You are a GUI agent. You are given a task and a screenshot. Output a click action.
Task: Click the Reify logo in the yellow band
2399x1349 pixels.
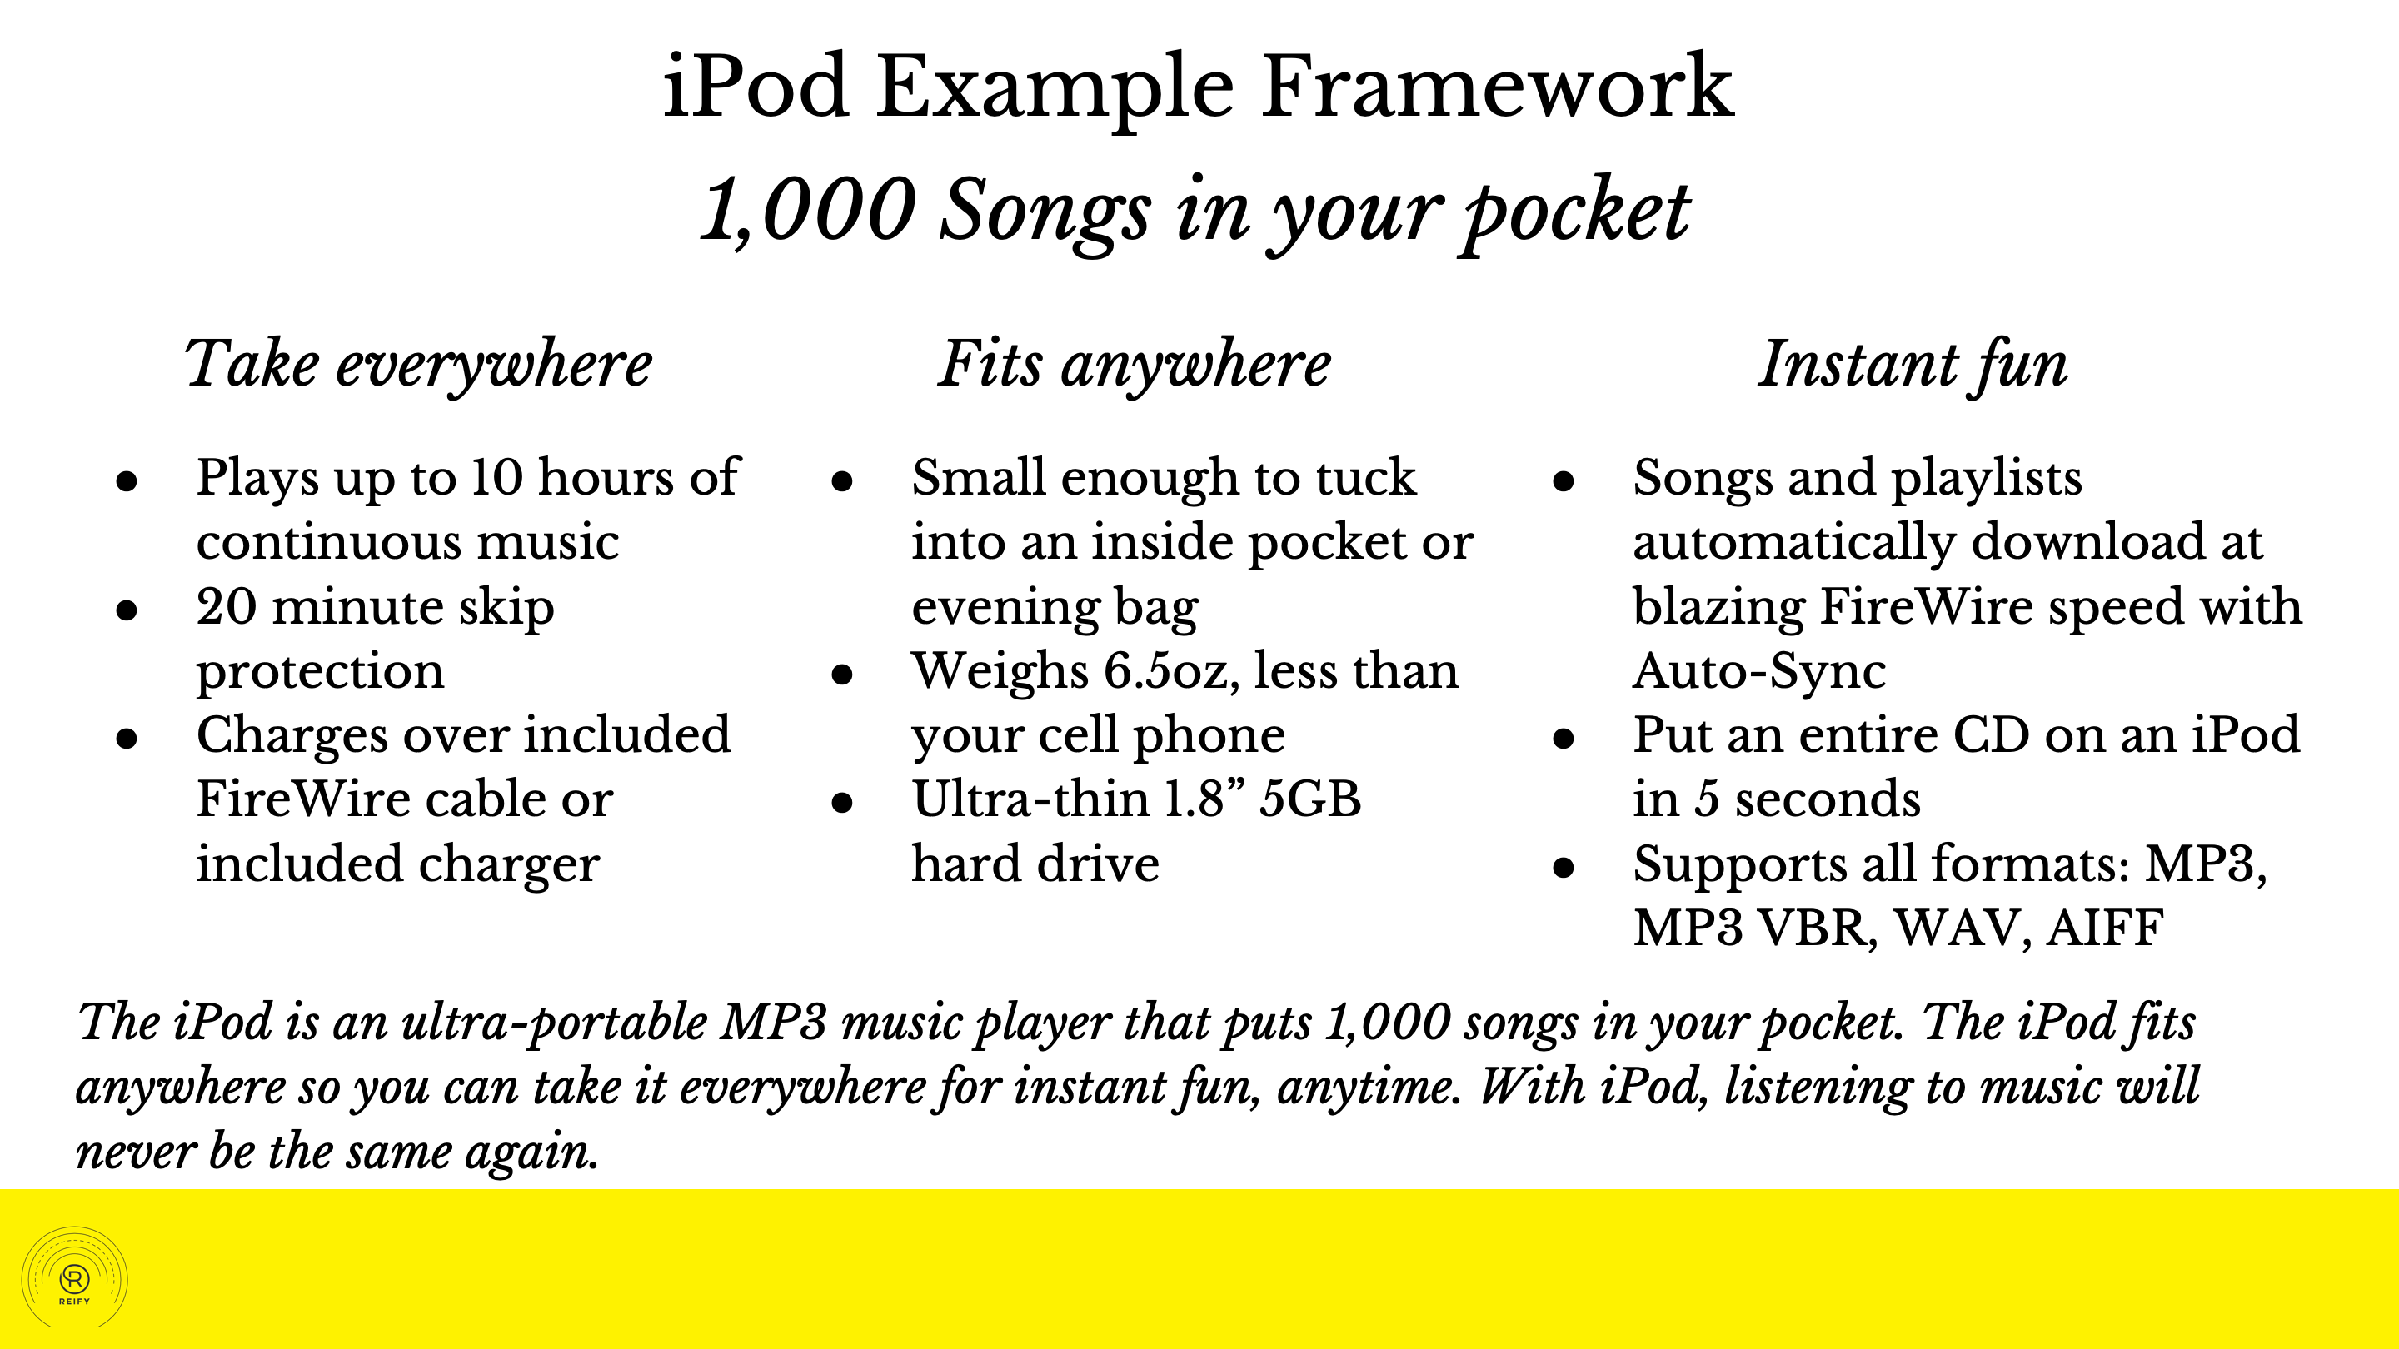point(74,1278)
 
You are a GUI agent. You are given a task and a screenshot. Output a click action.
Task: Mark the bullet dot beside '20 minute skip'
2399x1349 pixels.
point(127,610)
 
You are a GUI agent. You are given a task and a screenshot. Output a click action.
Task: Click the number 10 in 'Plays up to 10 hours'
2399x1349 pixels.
point(496,478)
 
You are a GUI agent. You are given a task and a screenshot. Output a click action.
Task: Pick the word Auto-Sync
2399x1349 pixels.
point(1759,672)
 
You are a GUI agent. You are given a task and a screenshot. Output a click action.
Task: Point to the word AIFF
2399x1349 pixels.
point(2105,928)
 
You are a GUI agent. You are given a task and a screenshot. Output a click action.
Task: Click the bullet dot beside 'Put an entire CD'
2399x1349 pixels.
point(1564,739)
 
